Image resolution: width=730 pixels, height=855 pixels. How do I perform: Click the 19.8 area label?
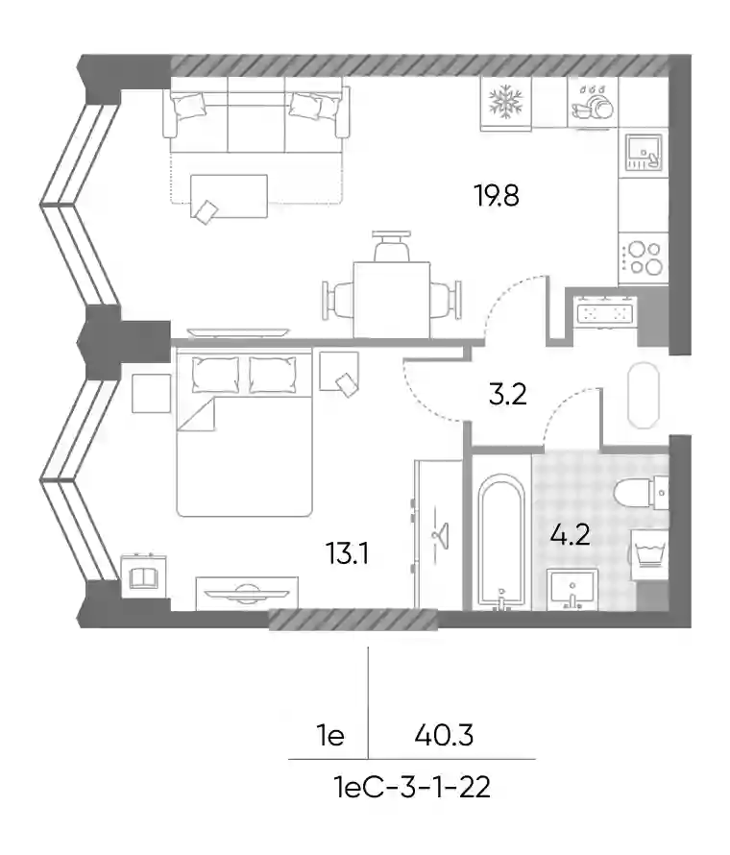click(x=498, y=196)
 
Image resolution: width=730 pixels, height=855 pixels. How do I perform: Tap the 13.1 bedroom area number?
click(x=348, y=553)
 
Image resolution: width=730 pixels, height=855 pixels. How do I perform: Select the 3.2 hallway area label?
click(x=507, y=395)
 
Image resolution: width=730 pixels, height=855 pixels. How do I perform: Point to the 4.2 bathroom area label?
click(x=571, y=535)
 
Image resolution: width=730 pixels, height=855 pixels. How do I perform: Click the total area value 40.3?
click(x=444, y=736)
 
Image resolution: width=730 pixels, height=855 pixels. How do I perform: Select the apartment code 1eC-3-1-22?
click(x=412, y=788)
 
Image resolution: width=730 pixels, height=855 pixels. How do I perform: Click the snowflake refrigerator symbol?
click(x=506, y=102)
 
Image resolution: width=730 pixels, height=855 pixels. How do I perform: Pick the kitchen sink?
click(x=644, y=152)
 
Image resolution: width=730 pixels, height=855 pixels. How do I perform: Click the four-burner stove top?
click(x=644, y=257)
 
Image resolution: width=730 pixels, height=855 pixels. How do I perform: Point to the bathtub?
click(x=501, y=540)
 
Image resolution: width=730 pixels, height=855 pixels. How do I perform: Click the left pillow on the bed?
click(x=215, y=375)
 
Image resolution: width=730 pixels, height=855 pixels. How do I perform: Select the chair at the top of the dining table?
click(x=392, y=246)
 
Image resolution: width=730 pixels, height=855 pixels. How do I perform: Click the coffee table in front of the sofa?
click(x=229, y=196)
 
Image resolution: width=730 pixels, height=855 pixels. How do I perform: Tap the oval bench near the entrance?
click(x=644, y=396)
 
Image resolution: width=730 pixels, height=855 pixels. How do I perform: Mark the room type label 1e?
click(x=330, y=736)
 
